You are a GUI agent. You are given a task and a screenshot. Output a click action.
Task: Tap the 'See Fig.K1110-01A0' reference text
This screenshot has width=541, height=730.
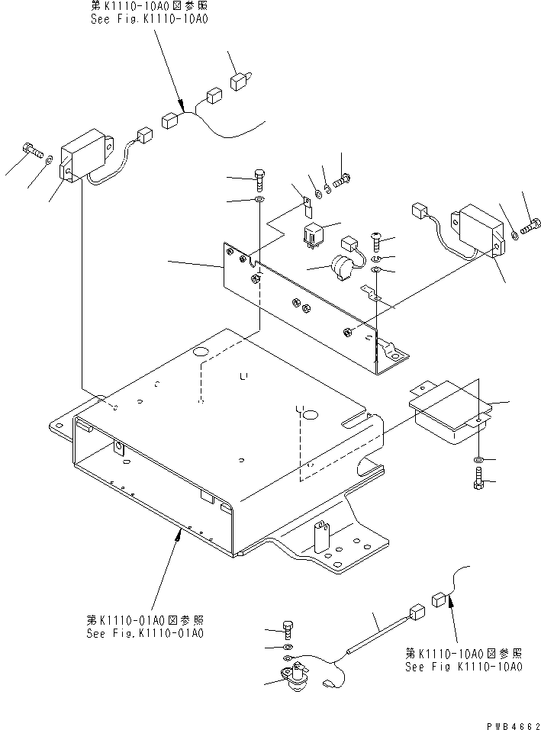145,632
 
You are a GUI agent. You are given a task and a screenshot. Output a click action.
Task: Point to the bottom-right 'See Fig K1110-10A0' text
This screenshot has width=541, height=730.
464,666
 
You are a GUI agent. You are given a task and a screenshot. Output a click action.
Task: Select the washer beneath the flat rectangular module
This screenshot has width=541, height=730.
477,461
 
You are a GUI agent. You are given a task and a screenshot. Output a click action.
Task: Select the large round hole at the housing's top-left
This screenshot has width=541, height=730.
201,352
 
